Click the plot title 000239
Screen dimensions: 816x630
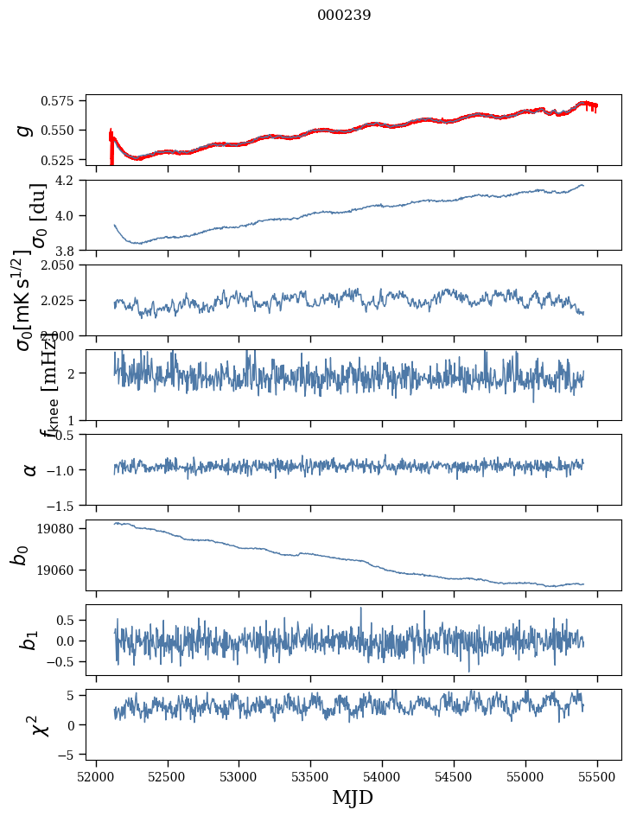(344, 15)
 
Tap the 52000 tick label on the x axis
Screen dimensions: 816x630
(96, 775)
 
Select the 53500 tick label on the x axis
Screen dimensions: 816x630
(311, 775)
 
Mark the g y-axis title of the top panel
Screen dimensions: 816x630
(26, 130)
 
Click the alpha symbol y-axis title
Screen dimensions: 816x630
(30, 469)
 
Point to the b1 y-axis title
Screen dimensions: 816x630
(30, 640)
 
